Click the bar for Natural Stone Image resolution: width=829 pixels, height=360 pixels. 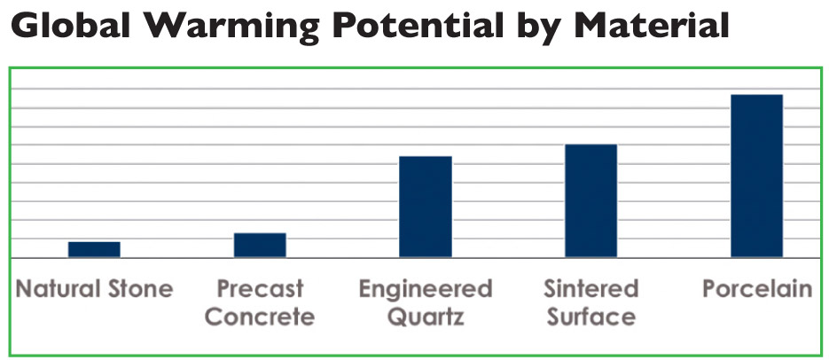[94, 249]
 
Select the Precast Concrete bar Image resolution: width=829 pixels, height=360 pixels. [260, 245]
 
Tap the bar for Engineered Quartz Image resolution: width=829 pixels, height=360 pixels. [426, 207]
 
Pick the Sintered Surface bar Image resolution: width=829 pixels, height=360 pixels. [591, 200]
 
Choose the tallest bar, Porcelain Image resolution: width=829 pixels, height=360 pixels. [756, 176]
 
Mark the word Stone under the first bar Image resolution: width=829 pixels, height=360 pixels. [140, 289]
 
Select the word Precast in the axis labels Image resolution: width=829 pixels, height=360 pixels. [260, 289]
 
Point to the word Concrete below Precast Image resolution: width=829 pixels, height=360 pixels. [260, 317]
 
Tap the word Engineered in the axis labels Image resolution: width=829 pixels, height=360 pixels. [426, 290]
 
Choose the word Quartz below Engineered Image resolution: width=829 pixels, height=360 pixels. [426, 317]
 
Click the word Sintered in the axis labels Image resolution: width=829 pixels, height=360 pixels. [591, 289]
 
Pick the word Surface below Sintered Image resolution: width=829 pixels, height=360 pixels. [591, 317]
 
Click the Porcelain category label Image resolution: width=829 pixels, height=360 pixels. [756, 289]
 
